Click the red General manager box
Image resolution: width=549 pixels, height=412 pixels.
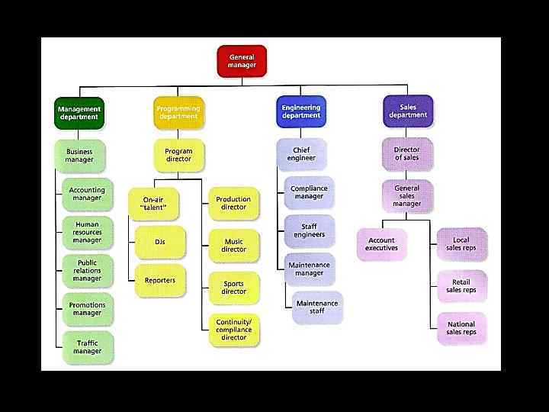tap(242, 61)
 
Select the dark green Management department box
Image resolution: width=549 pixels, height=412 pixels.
tap(79, 112)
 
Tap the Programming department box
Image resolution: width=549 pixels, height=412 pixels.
tap(178, 112)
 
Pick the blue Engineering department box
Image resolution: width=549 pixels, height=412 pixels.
tap(301, 112)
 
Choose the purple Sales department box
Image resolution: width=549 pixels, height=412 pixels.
tap(407, 111)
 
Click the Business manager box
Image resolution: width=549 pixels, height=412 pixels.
tap(79, 156)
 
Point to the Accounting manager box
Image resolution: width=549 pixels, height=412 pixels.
tap(87, 194)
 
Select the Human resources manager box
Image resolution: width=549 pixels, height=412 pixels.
tap(87, 232)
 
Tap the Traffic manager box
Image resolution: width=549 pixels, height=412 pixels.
tap(88, 347)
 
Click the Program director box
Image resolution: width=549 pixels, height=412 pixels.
tap(178, 155)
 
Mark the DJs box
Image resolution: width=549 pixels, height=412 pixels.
tap(160, 242)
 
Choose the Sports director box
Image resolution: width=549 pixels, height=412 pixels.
tap(233, 288)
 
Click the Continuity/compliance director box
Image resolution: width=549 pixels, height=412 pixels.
tap(233, 330)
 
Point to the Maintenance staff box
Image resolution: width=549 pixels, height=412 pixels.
tap(316, 307)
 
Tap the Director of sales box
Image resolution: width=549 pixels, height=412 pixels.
tap(406, 153)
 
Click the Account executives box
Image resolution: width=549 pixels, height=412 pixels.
tap(381, 244)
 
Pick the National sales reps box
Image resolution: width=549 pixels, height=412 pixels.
tap(461, 328)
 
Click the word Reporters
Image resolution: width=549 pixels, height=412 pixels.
tap(160, 281)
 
